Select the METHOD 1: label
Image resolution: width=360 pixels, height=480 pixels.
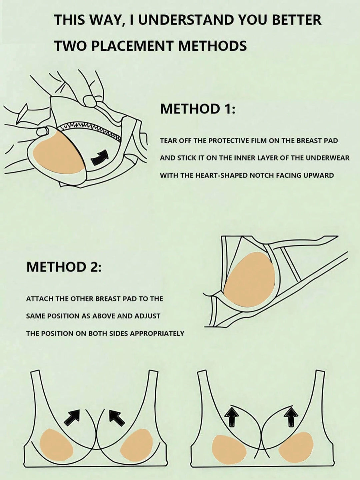coord(198,109)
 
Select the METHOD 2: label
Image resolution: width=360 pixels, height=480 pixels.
coord(64,267)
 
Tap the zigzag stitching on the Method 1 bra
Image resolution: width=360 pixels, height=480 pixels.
coord(90,130)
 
